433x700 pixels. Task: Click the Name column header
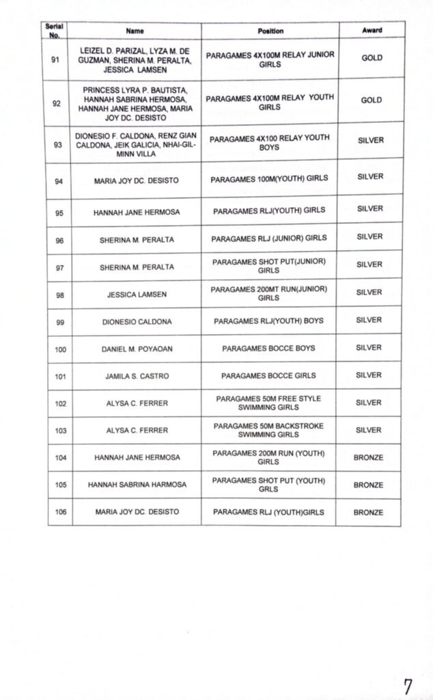point(135,31)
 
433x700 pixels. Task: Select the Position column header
point(270,31)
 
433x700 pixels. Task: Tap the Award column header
point(372,31)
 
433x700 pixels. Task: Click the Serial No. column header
point(54,31)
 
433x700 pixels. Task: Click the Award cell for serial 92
point(372,100)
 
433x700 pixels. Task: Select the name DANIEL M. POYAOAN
point(137,349)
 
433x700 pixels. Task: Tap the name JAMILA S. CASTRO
point(137,376)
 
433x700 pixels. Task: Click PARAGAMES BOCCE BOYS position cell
point(268,348)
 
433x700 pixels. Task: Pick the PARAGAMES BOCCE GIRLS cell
point(268,375)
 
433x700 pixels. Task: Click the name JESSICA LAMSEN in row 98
point(137,295)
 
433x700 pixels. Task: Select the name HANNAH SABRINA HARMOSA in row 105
point(137,485)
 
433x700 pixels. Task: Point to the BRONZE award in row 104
point(368,457)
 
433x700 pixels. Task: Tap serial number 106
point(61,512)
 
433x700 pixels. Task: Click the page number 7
point(408,686)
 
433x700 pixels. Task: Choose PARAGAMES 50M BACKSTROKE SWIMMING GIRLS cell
point(268,430)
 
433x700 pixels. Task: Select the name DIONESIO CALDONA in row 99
point(137,321)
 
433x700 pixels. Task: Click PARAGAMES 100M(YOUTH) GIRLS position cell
point(269,178)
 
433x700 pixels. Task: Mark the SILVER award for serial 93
point(371,140)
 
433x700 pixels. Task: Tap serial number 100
point(61,349)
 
